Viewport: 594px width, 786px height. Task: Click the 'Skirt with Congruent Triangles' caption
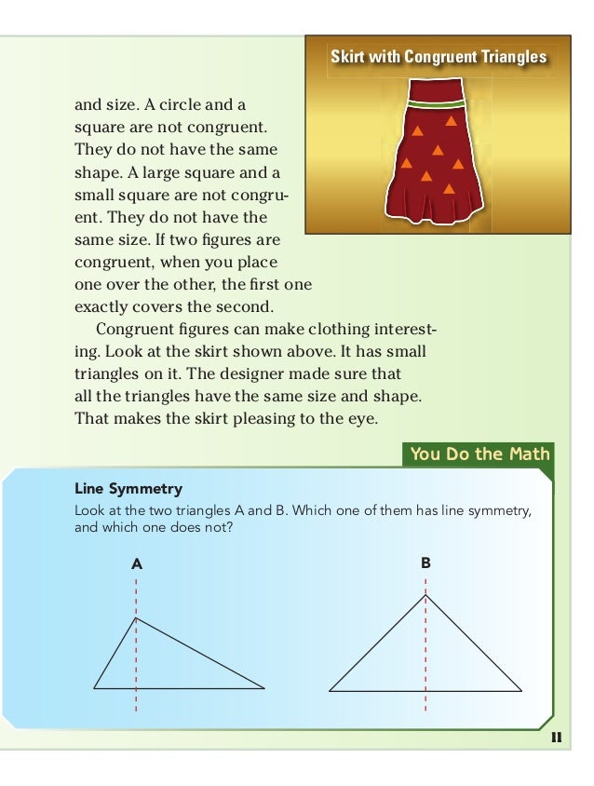coord(439,58)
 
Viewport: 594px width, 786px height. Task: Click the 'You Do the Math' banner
coord(480,454)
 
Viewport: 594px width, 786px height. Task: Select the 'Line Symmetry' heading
coord(128,488)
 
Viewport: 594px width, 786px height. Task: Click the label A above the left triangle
coord(137,563)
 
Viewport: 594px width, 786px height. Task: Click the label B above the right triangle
coord(425,563)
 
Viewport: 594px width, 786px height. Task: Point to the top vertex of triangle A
coord(136,617)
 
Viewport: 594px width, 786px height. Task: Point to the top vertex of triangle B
coord(425,595)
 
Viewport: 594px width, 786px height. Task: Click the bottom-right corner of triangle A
coord(264,689)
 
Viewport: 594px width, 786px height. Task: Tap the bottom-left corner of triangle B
coord(330,691)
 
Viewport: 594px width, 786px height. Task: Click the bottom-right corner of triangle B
coord(521,691)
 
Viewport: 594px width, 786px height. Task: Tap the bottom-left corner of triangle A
coord(94,688)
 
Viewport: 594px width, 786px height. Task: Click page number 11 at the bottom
coord(557,738)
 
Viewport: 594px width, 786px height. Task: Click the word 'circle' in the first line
coord(176,103)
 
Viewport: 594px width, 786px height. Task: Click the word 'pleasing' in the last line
coord(266,418)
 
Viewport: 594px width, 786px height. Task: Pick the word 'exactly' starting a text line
coord(101,305)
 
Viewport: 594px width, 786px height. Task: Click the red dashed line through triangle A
coord(137,661)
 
